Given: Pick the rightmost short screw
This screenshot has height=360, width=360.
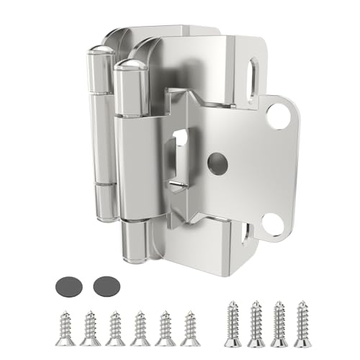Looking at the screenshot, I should coord(191,326).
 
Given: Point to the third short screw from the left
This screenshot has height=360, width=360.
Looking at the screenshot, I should coord(115,326).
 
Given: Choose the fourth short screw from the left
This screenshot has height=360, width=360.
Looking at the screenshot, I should coord(140,326).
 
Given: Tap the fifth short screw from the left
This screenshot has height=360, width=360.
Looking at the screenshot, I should coord(166,326).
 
